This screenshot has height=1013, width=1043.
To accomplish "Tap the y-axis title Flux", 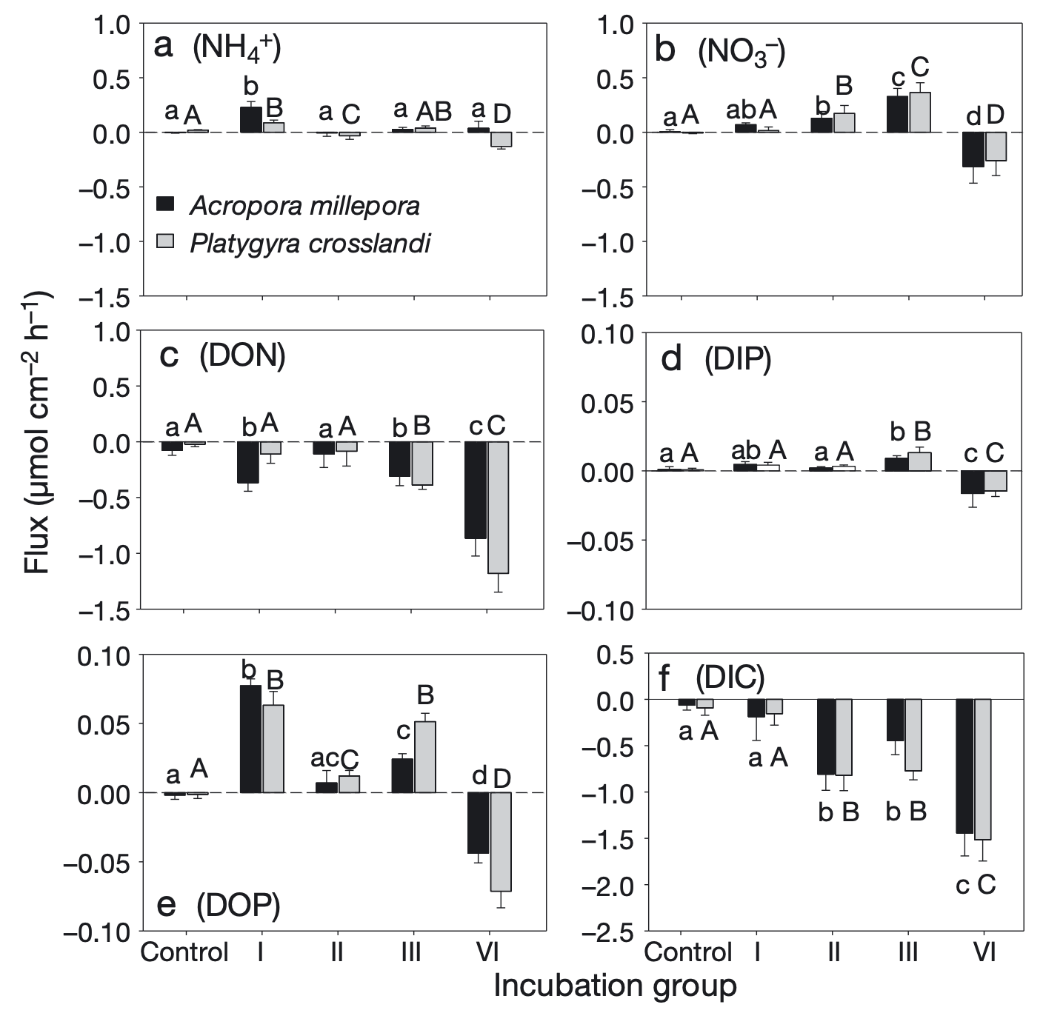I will coord(36,433).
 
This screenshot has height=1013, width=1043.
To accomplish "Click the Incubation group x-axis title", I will coord(615,986).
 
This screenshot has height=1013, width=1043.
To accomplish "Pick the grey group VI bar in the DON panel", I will coord(498,507).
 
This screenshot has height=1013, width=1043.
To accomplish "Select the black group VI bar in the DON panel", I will coord(476,490).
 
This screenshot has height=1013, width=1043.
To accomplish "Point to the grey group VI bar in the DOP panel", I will coord(501,842).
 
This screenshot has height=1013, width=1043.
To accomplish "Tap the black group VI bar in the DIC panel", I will coord(964,766).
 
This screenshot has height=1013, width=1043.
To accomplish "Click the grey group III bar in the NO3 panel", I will coord(919,113).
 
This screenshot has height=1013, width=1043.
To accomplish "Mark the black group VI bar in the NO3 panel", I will coord(973,150).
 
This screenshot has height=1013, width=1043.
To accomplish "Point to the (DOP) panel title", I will coord(238,905).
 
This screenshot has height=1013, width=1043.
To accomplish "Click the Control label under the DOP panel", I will coord(184,952).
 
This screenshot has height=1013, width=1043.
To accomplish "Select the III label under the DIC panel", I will coord(907,952).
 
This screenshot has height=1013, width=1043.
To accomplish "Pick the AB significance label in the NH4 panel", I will coord(433,111).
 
